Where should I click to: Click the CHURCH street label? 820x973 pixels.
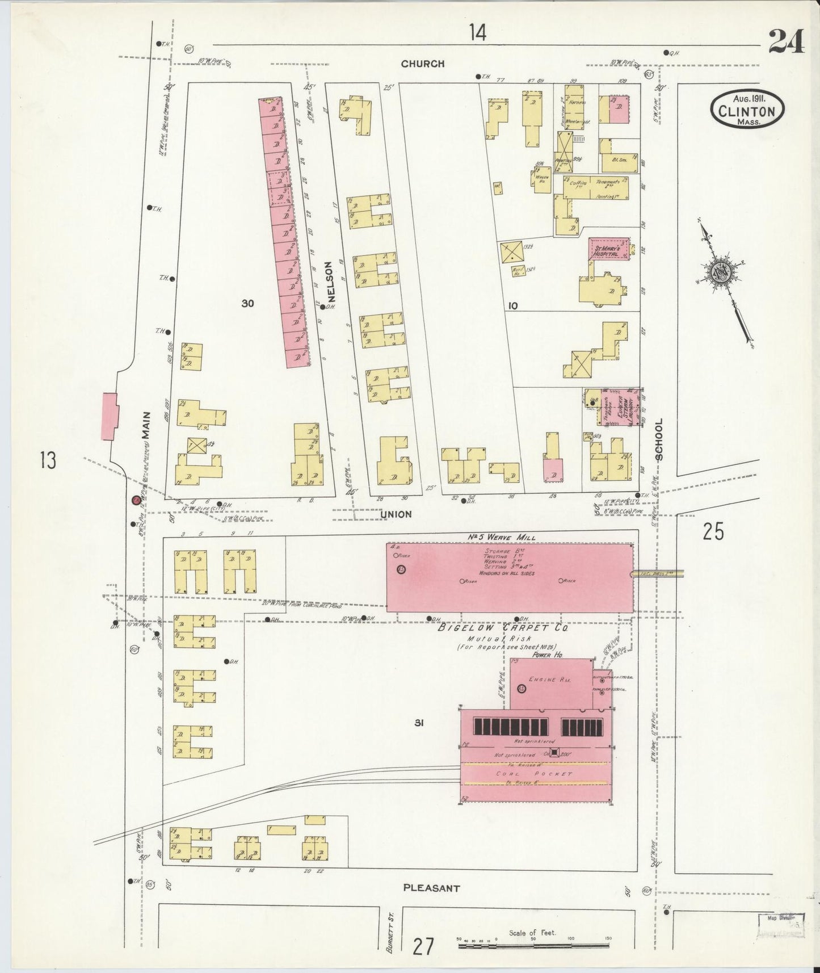(x=422, y=64)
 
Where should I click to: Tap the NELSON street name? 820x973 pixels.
(x=331, y=281)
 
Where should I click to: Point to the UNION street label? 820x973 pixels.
(x=396, y=514)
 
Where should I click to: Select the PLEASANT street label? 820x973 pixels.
(x=431, y=888)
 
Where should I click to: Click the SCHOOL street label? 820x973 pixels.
(x=658, y=439)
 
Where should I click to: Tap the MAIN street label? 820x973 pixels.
(x=146, y=425)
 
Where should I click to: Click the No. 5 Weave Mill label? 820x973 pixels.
(x=509, y=537)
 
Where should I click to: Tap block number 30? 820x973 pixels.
(x=247, y=304)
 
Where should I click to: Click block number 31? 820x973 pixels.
(x=419, y=723)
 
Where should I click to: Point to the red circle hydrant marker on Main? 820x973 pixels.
(x=136, y=500)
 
